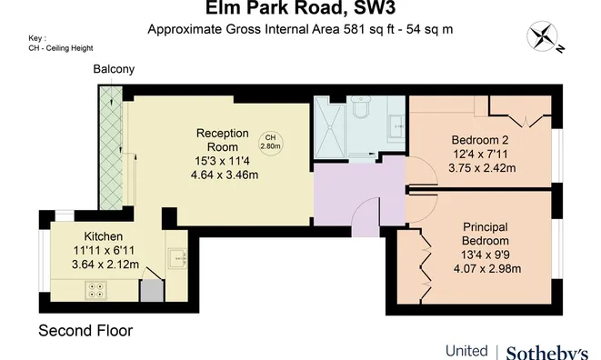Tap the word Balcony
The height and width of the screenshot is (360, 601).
114,69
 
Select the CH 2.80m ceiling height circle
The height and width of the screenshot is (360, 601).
270,141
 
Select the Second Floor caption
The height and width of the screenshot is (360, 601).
85,331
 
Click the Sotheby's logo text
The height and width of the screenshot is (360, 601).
546,352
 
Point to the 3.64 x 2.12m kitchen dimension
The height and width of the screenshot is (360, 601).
105,265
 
